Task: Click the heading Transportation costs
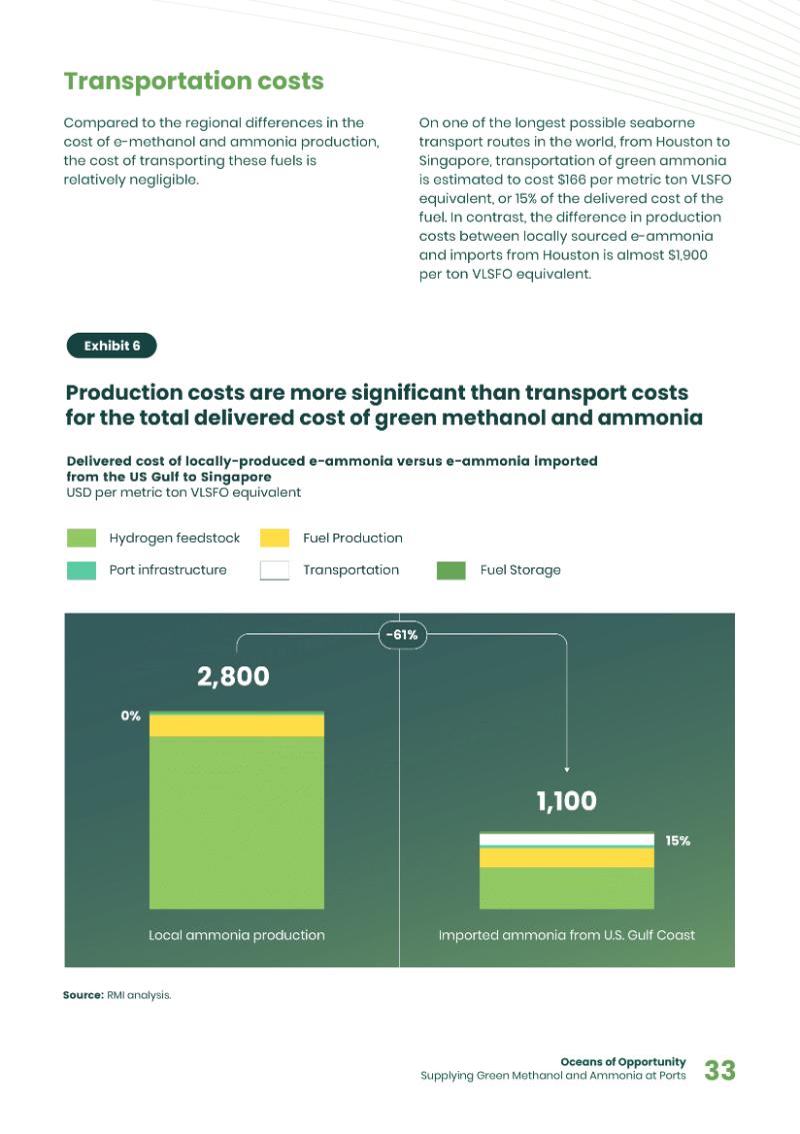pos(193,81)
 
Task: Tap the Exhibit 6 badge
pos(111,346)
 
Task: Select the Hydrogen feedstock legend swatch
pos(81,539)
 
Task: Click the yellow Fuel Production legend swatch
pos(274,539)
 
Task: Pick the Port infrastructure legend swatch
pos(81,570)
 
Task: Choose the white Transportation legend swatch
pos(274,570)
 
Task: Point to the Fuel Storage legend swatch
pos(451,570)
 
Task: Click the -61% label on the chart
pos(400,634)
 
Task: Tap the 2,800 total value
pos(233,676)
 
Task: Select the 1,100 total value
pos(566,801)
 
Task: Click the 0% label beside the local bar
pos(130,716)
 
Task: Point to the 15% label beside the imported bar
pos(677,841)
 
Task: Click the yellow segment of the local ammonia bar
pos(236,725)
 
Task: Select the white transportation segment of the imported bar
pos(566,840)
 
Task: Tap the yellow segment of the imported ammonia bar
pos(566,857)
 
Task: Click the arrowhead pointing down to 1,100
pos(567,769)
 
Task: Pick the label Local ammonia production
pos(236,935)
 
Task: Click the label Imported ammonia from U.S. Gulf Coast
pos(566,935)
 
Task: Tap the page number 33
pos(720,1071)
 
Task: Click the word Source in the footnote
pos(83,995)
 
